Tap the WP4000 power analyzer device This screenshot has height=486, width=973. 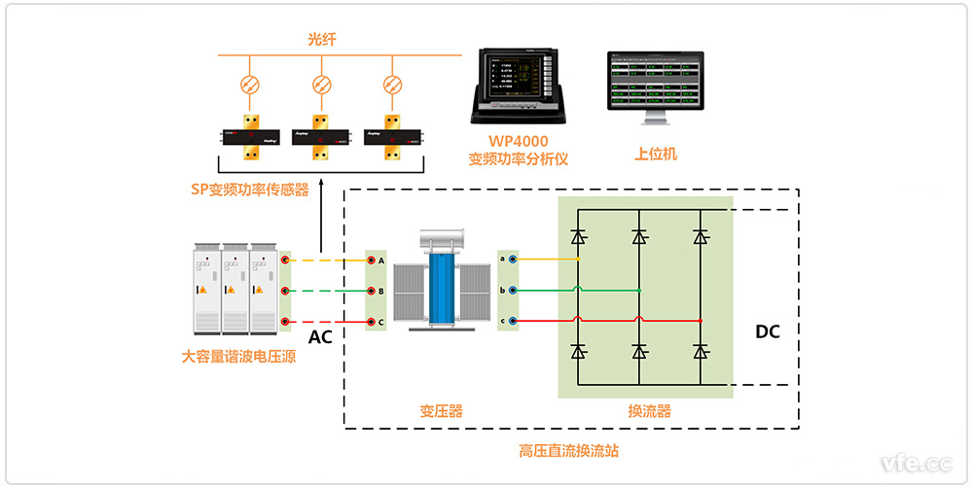pos(516,84)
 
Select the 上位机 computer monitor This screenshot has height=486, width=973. pos(655,87)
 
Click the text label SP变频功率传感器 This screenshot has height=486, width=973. pos(250,190)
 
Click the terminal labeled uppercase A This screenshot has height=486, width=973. pos(371,260)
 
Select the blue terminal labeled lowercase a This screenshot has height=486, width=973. pos(512,260)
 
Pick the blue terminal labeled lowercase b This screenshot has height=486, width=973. pos(512,290)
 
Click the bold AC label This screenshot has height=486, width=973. pos(322,337)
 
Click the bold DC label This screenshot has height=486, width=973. pos(768,331)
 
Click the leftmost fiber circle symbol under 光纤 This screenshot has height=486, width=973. pos(249,85)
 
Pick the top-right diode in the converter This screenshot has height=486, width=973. pos(700,236)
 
